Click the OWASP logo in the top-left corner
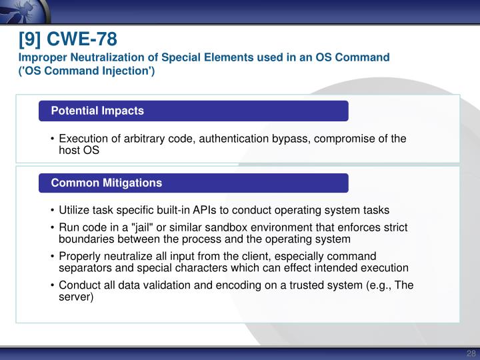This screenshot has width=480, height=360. coord(17,11)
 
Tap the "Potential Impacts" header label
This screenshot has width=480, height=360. coord(97,111)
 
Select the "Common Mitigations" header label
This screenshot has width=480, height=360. coord(107,183)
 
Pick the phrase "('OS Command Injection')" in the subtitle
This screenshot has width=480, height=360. coord(87,71)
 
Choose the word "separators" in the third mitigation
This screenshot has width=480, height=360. coord(84,267)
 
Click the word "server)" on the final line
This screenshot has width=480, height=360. coord(76,297)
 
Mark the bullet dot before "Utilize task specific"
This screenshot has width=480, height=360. coord(53,209)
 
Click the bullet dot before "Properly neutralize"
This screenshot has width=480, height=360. coord(53,257)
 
